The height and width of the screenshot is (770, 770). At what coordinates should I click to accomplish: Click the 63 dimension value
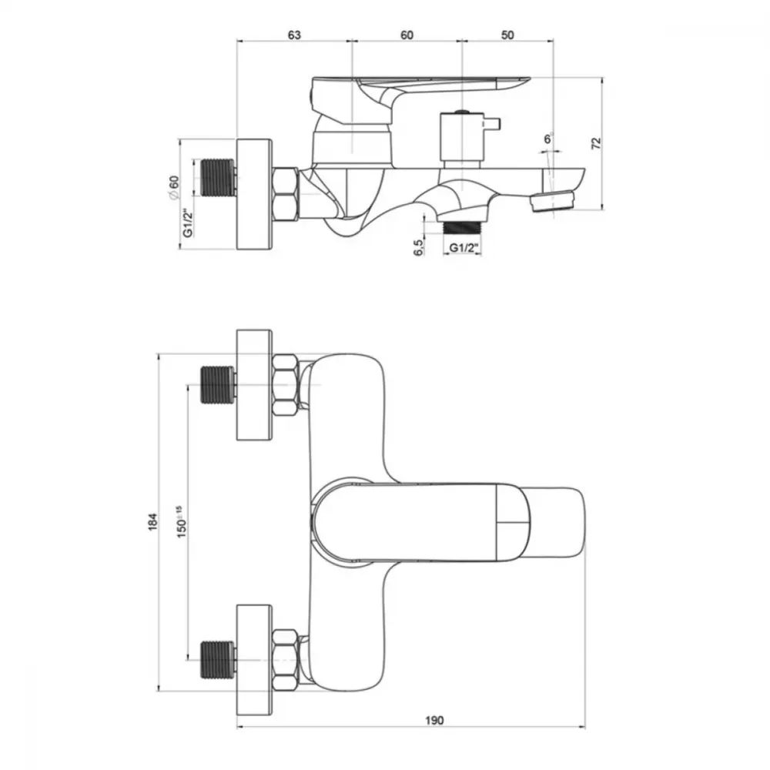(x=293, y=35)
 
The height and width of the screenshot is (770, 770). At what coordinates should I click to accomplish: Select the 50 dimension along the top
(x=507, y=35)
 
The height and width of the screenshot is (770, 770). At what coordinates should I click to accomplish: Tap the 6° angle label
(x=548, y=139)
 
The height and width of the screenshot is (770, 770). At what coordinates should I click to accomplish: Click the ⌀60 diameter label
(x=174, y=187)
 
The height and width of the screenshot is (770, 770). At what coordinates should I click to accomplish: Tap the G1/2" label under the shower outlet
(x=464, y=248)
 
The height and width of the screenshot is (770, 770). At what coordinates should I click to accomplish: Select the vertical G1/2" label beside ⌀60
(x=187, y=226)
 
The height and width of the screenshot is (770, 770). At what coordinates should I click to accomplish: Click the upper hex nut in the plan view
(x=286, y=386)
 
